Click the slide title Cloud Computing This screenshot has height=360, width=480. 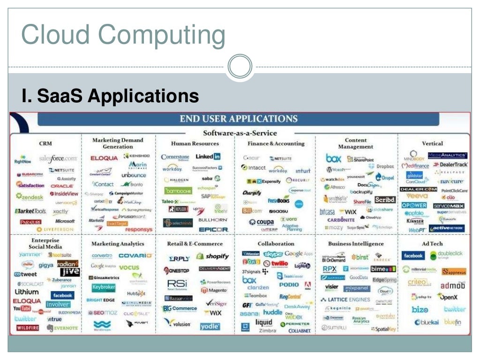[123, 35]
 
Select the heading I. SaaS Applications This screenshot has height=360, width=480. [110, 96]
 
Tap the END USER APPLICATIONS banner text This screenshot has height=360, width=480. [239, 119]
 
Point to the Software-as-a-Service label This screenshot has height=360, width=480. [240, 133]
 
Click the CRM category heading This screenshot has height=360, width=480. [45, 143]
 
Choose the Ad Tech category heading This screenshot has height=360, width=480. [432, 244]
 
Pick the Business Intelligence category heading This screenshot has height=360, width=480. [356, 244]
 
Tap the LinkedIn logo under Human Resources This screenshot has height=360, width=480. [208, 157]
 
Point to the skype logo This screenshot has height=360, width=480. [273, 254]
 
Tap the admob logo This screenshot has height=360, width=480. [452, 285]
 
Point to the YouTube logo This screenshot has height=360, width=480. [22, 308]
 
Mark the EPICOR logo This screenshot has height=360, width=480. [213, 229]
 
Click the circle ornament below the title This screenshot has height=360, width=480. [240, 67]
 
